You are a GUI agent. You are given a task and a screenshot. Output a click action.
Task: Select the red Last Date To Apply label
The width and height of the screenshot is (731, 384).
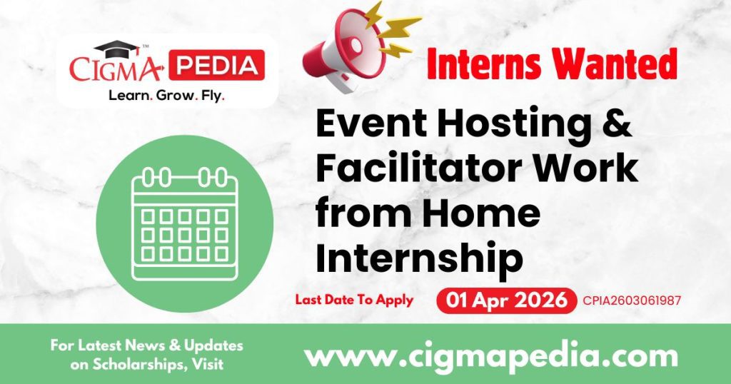[x=354, y=300]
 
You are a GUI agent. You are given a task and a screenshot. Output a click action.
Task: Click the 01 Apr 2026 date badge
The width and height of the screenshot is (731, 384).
[x=506, y=300]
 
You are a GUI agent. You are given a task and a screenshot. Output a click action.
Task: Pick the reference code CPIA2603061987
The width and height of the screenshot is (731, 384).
[x=632, y=300]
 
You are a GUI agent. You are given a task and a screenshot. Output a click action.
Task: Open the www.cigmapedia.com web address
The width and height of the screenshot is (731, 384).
[x=491, y=355]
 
